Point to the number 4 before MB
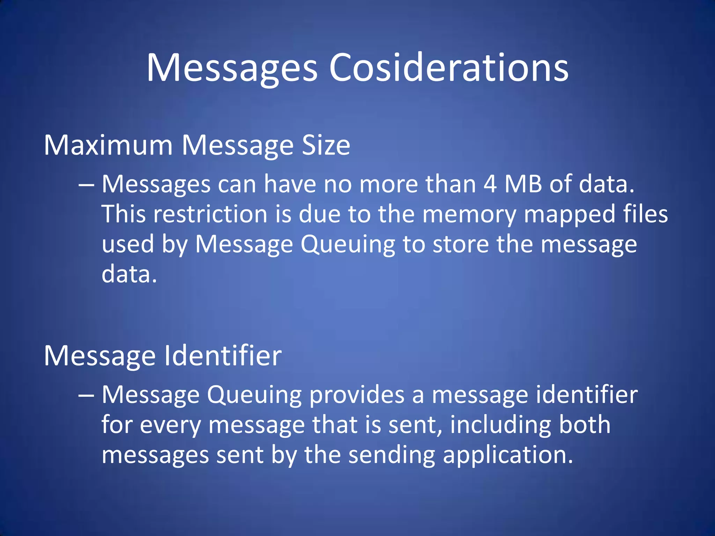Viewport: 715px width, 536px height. [490, 184]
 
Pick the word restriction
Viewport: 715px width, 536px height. [210, 214]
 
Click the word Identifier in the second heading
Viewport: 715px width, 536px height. [223, 356]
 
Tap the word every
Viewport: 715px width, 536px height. [170, 426]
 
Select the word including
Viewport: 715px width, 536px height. [500, 426]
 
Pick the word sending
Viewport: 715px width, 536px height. [392, 456]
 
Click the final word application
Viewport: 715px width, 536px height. [508, 456]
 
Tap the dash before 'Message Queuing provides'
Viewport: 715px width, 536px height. [86, 395]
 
